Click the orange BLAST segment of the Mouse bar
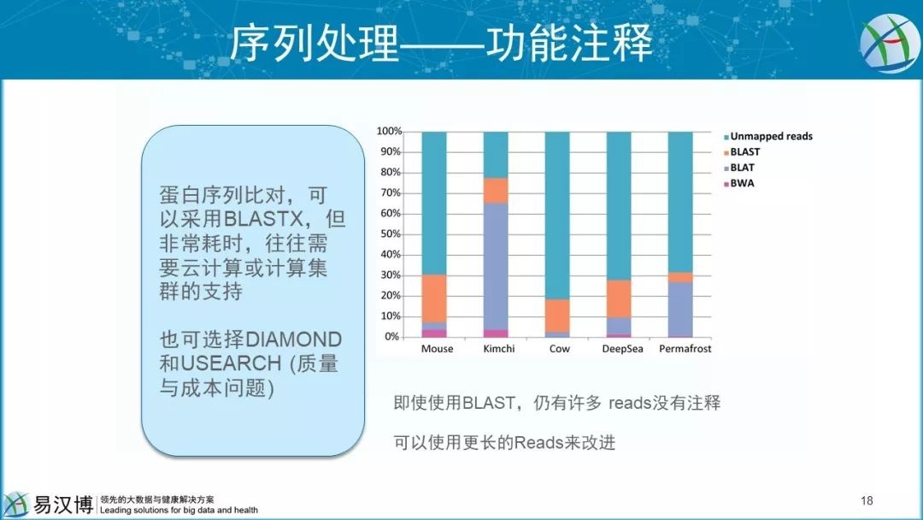pos(434,298)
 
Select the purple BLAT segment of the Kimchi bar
pos(496,266)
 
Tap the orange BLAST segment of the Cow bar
pos(557,316)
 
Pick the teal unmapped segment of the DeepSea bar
pos(619,205)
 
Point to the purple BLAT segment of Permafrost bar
pos(680,309)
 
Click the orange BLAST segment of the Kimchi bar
pos(496,190)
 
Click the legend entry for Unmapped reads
pos(768,136)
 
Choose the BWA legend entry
pos(738,183)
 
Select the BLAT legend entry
pos(738,168)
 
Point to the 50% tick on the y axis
pos(390,233)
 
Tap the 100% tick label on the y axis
pos(389,131)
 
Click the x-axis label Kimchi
pos(498,349)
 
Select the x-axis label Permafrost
pos(685,349)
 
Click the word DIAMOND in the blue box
pos(293,340)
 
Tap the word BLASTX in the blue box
pos(264,219)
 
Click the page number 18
pos(867,500)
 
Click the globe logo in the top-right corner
pos(889,43)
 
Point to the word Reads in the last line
pos(538,442)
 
